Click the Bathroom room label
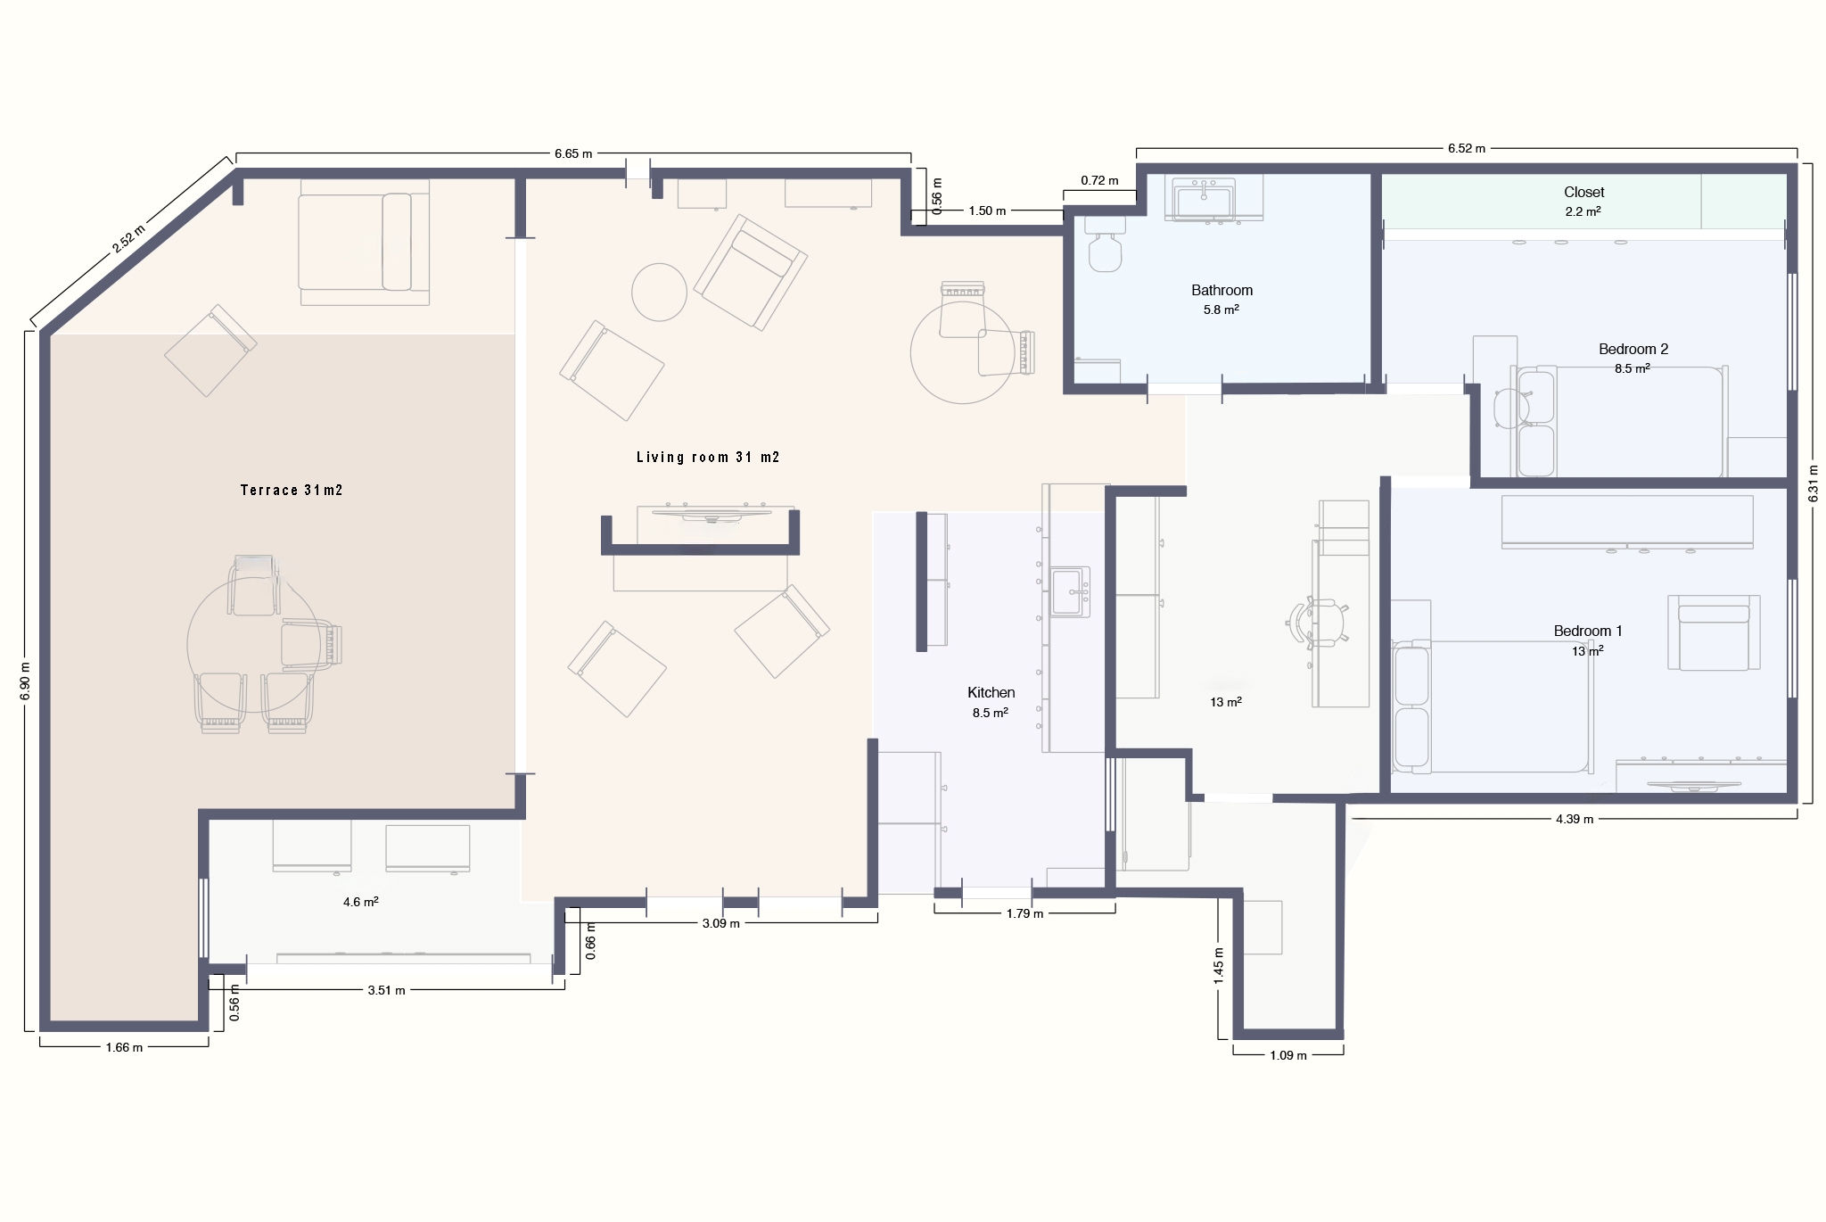coord(1221,291)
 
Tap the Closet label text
coord(1583,193)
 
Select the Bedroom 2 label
coord(1633,350)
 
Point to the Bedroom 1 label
coord(1587,632)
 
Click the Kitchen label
coord(991,693)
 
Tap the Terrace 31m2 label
coord(292,491)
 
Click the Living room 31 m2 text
coord(708,458)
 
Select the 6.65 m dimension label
coord(573,153)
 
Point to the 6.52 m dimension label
coord(1467,148)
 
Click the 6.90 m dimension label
coord(25,681)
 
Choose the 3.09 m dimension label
coord(720,923)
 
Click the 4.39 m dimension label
coord(1575,819)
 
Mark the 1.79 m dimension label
coord(1024,913)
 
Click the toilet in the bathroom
coord(1104,244)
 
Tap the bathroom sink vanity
coord(1205,199)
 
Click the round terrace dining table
coord(253,644)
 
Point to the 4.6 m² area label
coord(361,902)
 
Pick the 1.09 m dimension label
coord(1288,1055)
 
